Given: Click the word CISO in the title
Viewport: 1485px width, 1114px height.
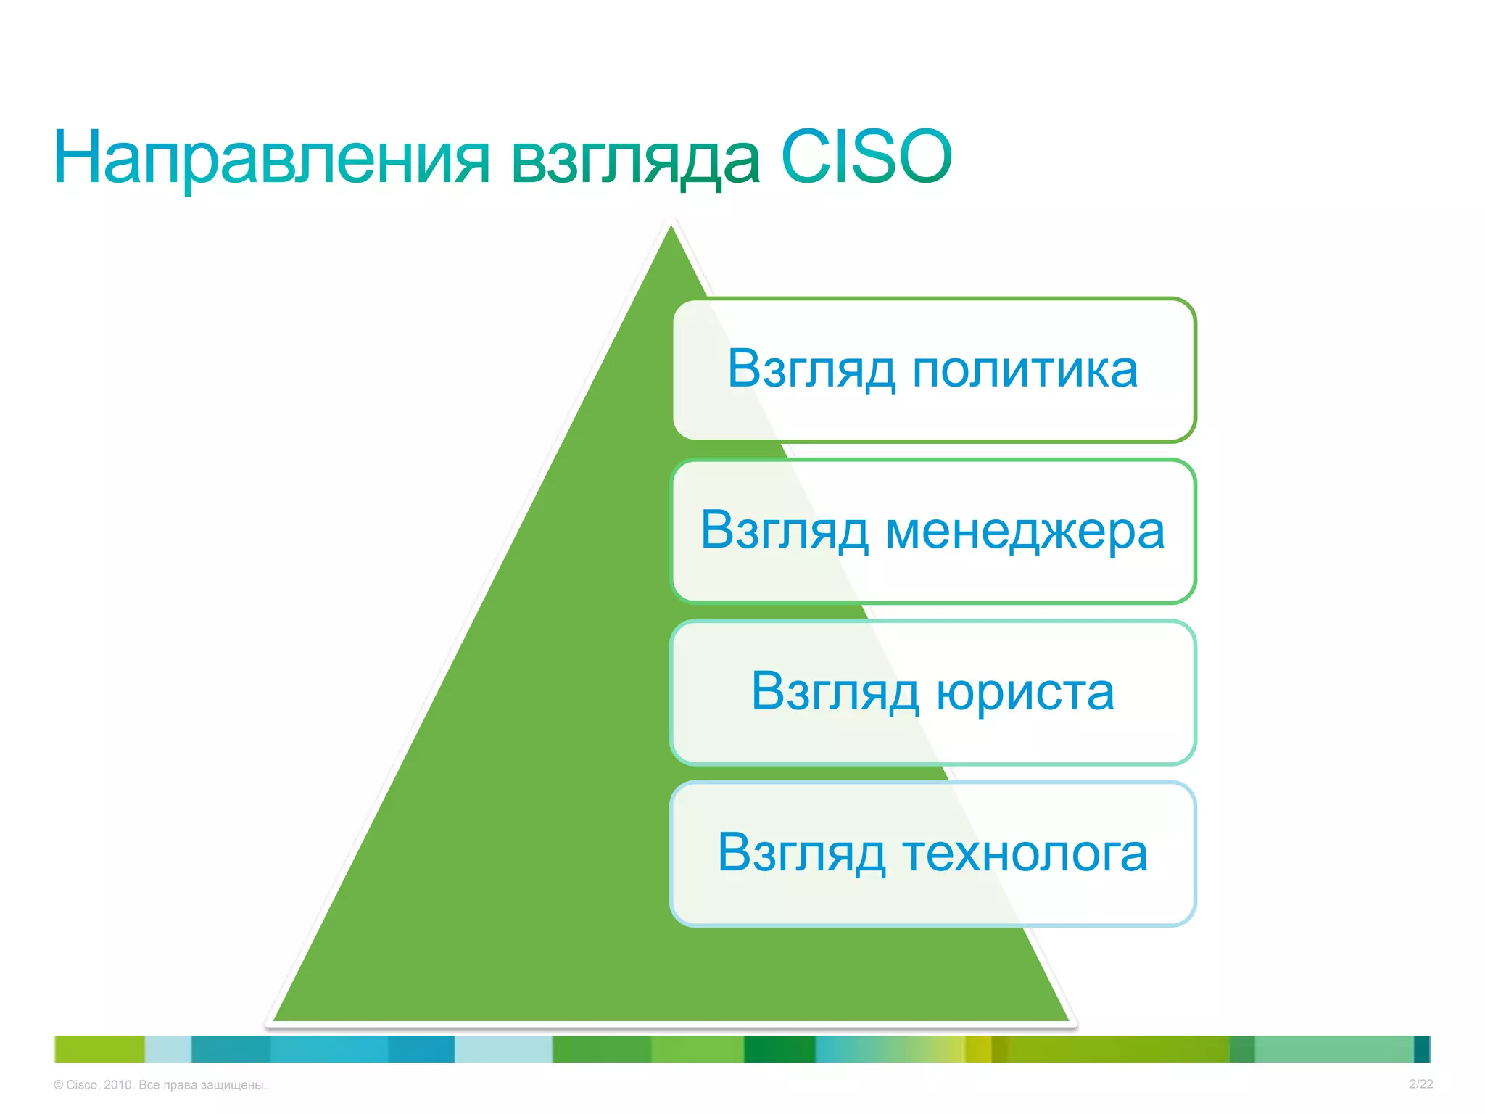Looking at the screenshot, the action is tap(866, 157).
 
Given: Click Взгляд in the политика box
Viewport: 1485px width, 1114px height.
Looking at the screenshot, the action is tap(811, 371).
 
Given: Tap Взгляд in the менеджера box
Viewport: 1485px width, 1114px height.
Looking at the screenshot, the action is tap(785, 532).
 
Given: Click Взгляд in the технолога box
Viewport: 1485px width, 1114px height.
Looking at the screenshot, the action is tap(801, 854).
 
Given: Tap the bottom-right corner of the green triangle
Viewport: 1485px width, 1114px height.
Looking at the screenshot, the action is tap(1066, 1019).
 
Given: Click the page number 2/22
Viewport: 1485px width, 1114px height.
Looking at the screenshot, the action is tap(1420, 1084).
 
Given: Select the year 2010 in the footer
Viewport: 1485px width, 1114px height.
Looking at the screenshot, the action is tap(118, 1085).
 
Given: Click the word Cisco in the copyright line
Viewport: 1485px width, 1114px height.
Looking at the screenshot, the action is tap(81, 1085).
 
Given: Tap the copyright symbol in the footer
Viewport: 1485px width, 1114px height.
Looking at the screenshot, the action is tap(59, 1085).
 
